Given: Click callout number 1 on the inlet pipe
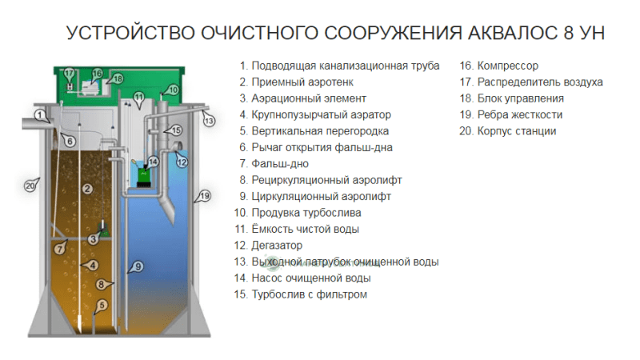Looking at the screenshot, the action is pyautogui.click(x=39, y=115).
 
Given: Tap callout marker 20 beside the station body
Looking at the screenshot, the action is pyautogui.click(x=30, y=186).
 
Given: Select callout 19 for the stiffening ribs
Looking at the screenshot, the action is pyautogui.click(x=205, y=196).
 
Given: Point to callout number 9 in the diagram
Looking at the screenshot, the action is pyautogui.click(x=138, y=266).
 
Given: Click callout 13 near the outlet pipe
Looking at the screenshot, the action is pyautogui.click(x=209, y=121).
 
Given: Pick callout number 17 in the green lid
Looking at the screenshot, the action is pyautogui.click(x=69, y=74).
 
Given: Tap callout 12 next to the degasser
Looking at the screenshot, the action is pyautogui.click(x=182, y=162).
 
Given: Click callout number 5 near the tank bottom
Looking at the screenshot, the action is pyautogui.click(x=102, y=305).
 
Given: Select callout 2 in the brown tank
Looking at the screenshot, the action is pyautogui.click(x=87, y=189).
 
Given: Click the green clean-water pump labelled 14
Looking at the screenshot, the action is pyautogui.click(x=143, y=177).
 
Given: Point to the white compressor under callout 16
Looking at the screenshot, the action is pyautogui.click(x=90, y=87).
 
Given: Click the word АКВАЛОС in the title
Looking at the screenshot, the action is pyautogui.click(x=512, y=33).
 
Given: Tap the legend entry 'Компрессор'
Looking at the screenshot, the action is pyautogui.click(x=508, y=66).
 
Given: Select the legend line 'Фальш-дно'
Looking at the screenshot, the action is pyautogui.click(x=280, y=164).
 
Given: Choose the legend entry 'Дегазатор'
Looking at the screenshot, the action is pyautogui.click(x=277, y=246).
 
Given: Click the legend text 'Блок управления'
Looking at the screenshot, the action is pyautogui.click(x=521, y=98).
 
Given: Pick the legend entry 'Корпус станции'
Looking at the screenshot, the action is pyautogui.click(x=517, y=131).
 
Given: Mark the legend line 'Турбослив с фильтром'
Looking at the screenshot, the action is pyautogui.click(x=310, y=294).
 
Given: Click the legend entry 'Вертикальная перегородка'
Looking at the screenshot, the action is pyautogui.click(x=320, y=131).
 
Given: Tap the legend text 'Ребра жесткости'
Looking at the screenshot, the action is pyautogui.click(x=520, y=114).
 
